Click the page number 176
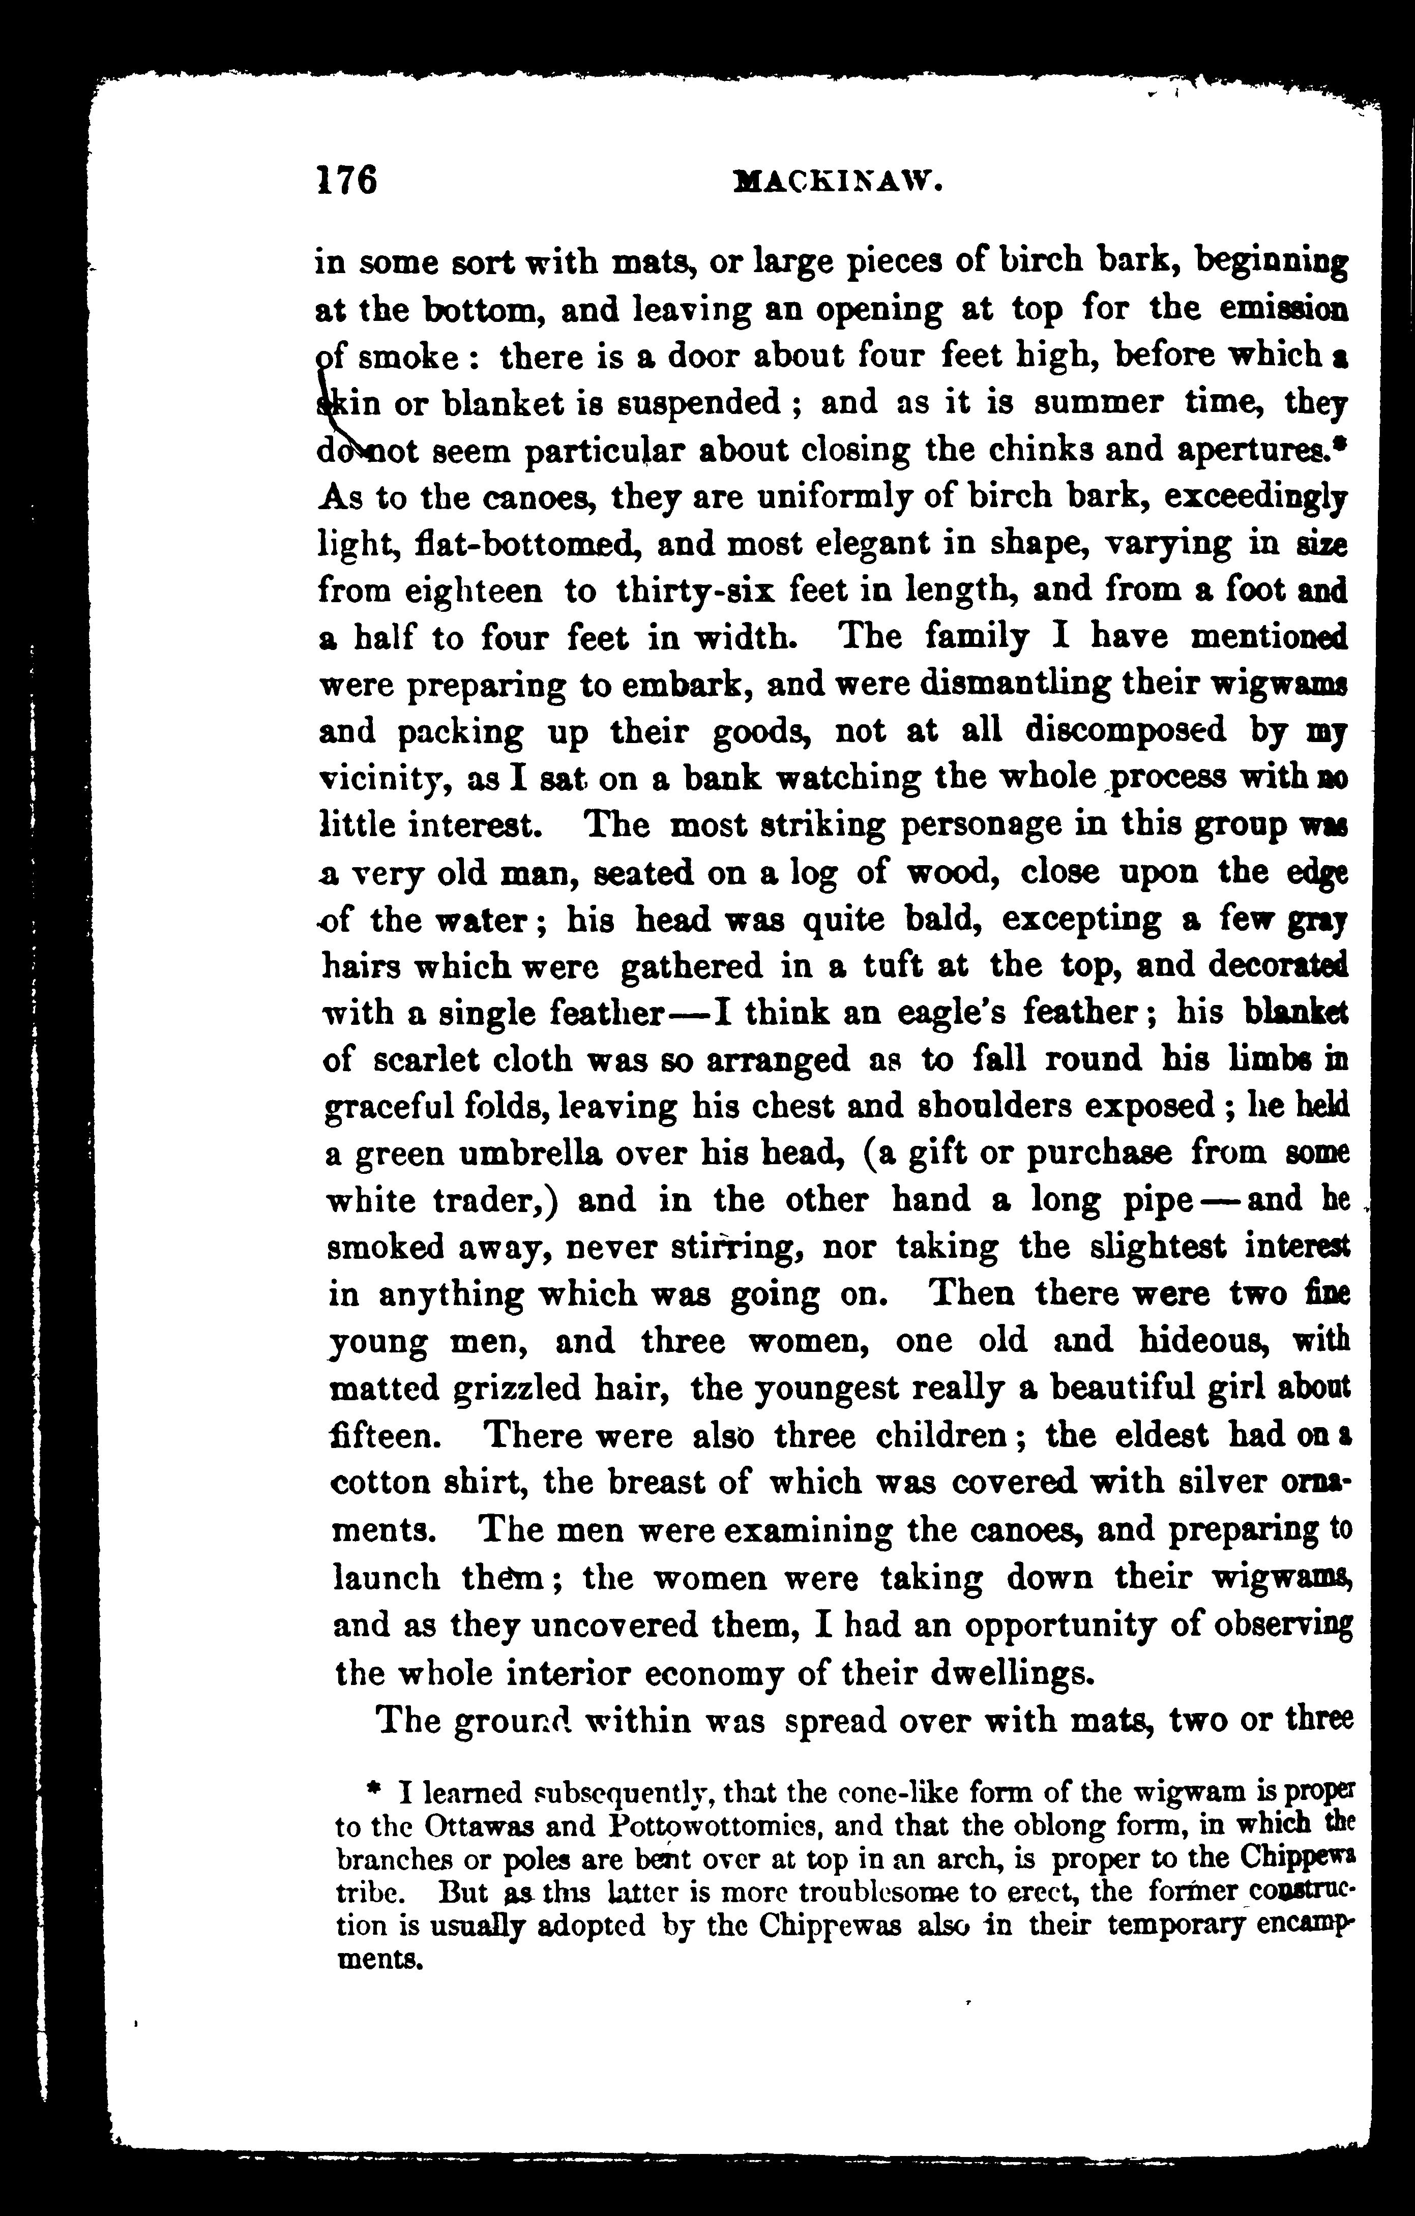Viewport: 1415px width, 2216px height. pos(347,180)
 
